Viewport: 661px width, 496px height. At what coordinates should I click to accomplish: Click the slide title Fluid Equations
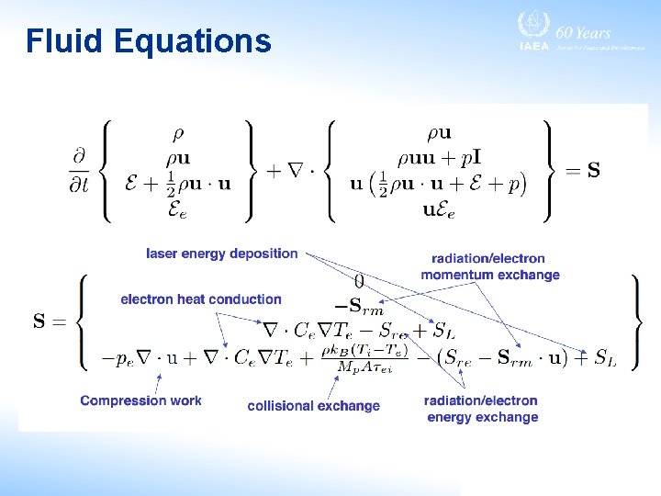pyautogui.click(x=149, y=41)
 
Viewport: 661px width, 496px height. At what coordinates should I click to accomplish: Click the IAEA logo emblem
pyautogui.click(x=531, y=26)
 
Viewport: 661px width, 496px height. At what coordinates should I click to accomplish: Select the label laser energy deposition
pyautogui.click(x=222, y=254)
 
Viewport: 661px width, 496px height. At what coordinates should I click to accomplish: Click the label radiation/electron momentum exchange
pyautogui.click(x=489, y=267)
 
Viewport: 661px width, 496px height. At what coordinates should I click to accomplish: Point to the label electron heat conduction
pyautogui.click(x=201, y=299)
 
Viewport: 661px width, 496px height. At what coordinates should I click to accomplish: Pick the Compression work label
pyautogui.click(x=140, y=400)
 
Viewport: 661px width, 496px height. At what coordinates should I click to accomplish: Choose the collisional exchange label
pyautogui.click(x=313, y=406)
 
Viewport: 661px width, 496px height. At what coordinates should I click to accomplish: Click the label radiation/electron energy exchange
pyautogui.click(x=481, y=409)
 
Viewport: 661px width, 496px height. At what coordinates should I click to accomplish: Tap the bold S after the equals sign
pyautogui.click(x=594, y=170)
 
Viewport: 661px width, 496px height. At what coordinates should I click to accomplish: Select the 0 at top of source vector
pyautogui.click(x=359, y=280)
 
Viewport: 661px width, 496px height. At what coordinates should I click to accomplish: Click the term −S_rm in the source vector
pyautogui.click(x=359, y=304)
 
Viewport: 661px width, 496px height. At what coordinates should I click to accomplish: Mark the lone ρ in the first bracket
pyautogui.click(x=178, y=133)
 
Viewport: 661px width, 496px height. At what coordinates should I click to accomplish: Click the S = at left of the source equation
pyautogui.click(x=50, y=321)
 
